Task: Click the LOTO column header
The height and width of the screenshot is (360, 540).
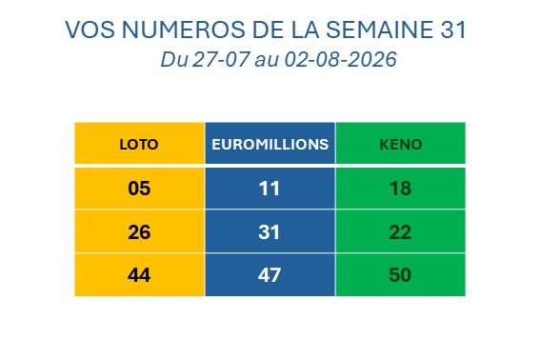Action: click(x=139, y=145)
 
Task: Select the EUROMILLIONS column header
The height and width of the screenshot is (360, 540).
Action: click(x=270, y=145)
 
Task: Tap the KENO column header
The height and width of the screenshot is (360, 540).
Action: click(x=401, y=145)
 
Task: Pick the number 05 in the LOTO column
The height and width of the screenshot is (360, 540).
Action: click(x=139, y=189)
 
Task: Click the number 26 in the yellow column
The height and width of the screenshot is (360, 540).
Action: click(x=139, y=231)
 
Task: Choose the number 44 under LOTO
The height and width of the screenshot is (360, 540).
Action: click(x=139, y=275)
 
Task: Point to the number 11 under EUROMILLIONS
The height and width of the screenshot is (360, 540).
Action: click(x=269, y=189)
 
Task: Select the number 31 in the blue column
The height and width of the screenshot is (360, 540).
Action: click(x=269, y=231)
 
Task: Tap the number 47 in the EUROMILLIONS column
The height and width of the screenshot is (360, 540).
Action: click(x=270, y=275)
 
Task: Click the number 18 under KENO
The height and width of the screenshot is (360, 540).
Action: click(x=400, y=189)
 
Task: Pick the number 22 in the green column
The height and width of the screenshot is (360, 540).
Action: click(x=400, y=231)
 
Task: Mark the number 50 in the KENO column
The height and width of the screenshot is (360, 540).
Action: click(x=400, y=275)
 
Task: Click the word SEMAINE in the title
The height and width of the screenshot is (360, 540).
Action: click(x=380, y=30)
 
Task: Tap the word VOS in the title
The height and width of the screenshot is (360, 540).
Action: click(x=90, y=30)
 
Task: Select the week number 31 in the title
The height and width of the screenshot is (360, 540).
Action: click(x=453, y=30)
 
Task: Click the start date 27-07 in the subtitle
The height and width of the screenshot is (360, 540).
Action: click(x=220, y=59)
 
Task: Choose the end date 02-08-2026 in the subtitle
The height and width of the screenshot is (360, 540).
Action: click(x=340, y=59)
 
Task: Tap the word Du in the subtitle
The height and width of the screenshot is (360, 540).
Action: click(x=174, y=59)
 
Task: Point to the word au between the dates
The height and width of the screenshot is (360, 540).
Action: click(x=267, y=61)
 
